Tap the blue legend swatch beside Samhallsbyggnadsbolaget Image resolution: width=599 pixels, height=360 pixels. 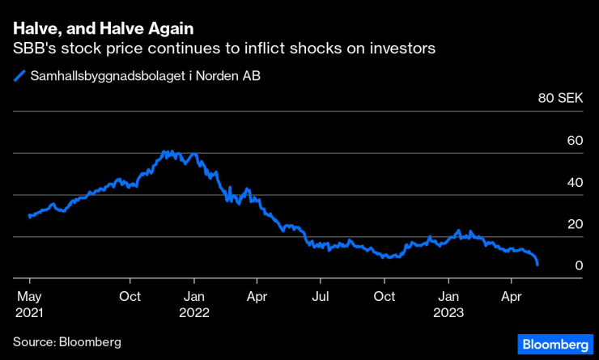18,78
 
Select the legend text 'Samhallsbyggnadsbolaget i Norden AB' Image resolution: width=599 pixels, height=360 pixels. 138,78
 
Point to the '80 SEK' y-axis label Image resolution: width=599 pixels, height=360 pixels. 561,99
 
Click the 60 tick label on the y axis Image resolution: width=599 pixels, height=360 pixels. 576,141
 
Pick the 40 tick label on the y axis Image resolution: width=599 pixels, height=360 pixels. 576,183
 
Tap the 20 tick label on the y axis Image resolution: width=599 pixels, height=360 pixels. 576,224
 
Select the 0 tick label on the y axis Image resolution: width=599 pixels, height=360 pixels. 580,266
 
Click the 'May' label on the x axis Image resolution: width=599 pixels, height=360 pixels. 29,297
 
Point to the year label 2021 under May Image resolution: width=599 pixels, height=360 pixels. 30,312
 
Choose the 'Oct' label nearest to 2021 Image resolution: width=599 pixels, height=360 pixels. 130,297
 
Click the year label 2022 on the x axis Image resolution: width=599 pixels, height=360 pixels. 194,312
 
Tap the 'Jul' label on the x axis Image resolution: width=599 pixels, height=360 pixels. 321,297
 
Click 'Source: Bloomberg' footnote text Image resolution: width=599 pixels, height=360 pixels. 67,341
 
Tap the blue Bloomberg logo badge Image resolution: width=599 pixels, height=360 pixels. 554,342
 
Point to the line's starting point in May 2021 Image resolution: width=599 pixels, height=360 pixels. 29,217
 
